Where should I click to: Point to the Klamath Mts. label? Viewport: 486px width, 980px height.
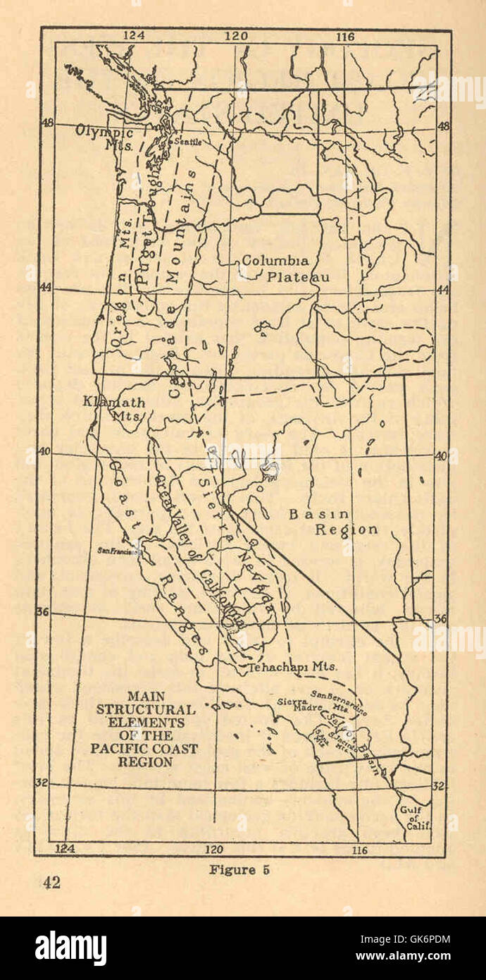click(114, 409)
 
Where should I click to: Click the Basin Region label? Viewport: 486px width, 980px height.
click(333, 522)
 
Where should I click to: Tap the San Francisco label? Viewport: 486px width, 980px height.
click(117, 551)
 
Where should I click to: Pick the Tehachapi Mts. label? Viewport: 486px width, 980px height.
click(292, 666)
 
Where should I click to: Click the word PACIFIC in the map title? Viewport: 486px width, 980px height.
click(123, 749)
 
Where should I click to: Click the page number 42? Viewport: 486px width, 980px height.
click(51, 882)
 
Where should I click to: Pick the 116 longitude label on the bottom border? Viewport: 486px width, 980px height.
click(359, 850)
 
